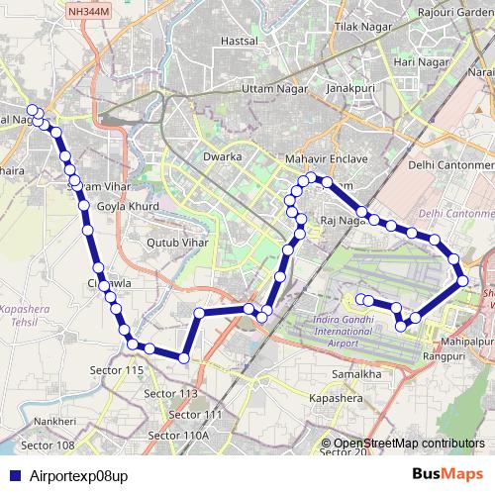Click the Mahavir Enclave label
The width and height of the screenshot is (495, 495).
(x=326, y=158)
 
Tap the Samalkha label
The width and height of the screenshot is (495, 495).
(x=357, y=375)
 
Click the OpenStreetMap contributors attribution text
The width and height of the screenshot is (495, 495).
(x=408, y=444)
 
